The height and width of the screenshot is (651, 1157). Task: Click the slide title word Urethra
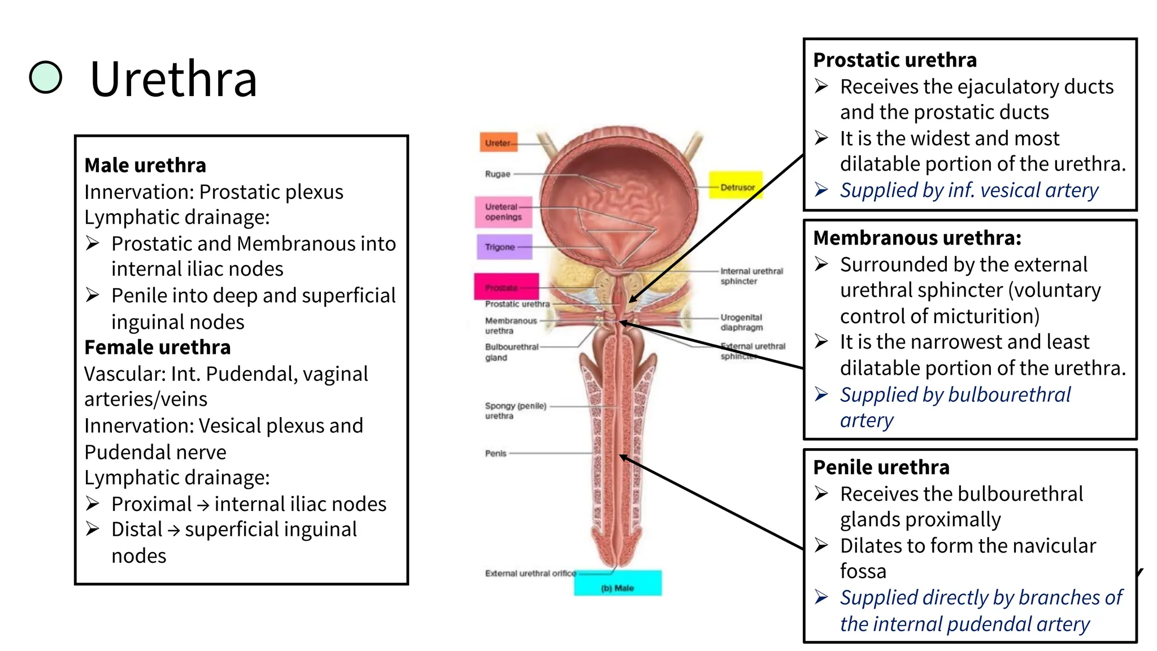click(173, 79)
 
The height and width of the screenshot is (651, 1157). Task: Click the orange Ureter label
click(498, 143)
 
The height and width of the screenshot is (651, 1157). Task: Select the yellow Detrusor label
click(736, 186)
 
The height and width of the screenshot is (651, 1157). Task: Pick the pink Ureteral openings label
click(503, 212)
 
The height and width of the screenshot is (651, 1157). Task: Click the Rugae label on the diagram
click(497, 174)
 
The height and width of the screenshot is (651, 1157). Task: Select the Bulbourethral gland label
click(511, 352)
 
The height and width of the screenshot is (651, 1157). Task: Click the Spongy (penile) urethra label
click(515, 411)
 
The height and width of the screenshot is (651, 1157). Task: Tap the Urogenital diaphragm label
click(741, 322)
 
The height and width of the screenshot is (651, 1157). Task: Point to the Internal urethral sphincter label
click(751, 276)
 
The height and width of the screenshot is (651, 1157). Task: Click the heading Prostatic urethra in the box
click(895, 60)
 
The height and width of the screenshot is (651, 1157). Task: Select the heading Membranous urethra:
click(917, 238)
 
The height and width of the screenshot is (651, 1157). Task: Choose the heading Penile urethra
click(881, 467)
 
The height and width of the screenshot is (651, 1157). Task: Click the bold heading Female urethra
click(158, 347)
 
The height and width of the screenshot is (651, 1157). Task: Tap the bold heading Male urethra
click(145, 165)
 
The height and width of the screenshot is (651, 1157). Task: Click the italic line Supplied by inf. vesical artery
click(968, 190)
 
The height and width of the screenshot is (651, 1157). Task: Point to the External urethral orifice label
click(530, 573)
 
